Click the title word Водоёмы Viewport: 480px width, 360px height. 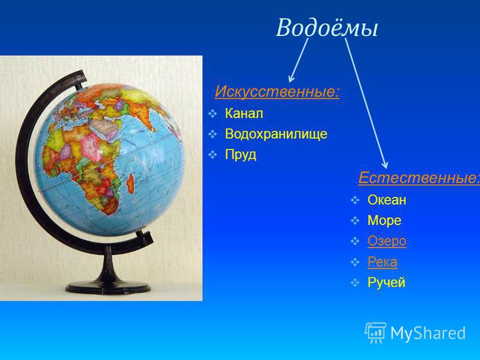click(x=327, y=28)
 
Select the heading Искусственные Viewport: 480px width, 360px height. click(x=277, y=91)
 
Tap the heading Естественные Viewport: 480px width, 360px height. click(x=419, y=178)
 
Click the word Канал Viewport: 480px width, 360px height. click(x=244, y=113)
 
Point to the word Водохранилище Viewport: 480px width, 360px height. click(x=276, y=134)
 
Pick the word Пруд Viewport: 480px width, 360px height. click(x=241, y=155)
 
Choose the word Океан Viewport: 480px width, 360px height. click(x=387, y=200)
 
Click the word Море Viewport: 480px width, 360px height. click(x=384, y=220)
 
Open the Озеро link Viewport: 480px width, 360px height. click(x=387, y=241)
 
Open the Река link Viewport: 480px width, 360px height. click(x=382, y=262)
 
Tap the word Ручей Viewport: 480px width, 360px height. click(x=386, y=282)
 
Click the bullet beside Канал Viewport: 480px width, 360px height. click(x=212, y=114)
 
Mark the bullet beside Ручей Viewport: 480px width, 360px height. click(x=355, y=283)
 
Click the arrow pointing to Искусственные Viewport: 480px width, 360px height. click(x=298, y=61)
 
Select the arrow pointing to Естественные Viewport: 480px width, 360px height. click(x=367, y=103)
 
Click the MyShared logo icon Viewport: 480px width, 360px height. click(x=376, y=332)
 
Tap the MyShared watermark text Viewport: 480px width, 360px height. click(x=428, y=333)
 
